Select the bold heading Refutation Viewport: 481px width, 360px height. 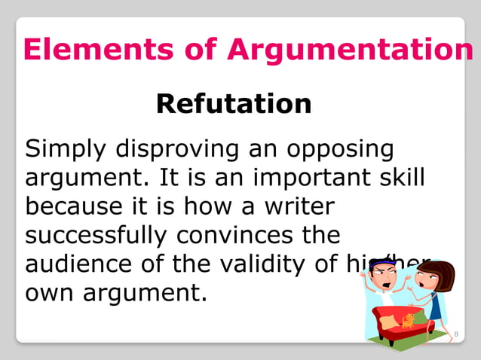tap(234, 103)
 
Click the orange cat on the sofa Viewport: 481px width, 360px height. tap(408, 320)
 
